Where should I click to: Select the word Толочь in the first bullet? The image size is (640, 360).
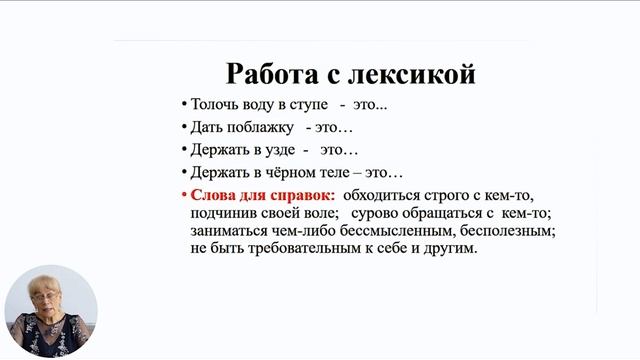click(x=214, y=105)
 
